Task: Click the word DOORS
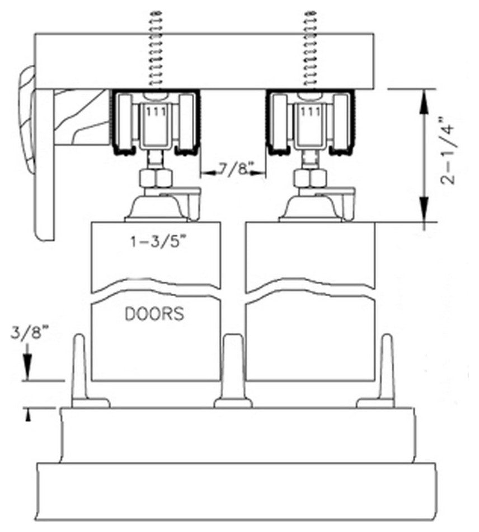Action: [x=154, y=314]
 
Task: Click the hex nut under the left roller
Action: [x=154, y=179]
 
